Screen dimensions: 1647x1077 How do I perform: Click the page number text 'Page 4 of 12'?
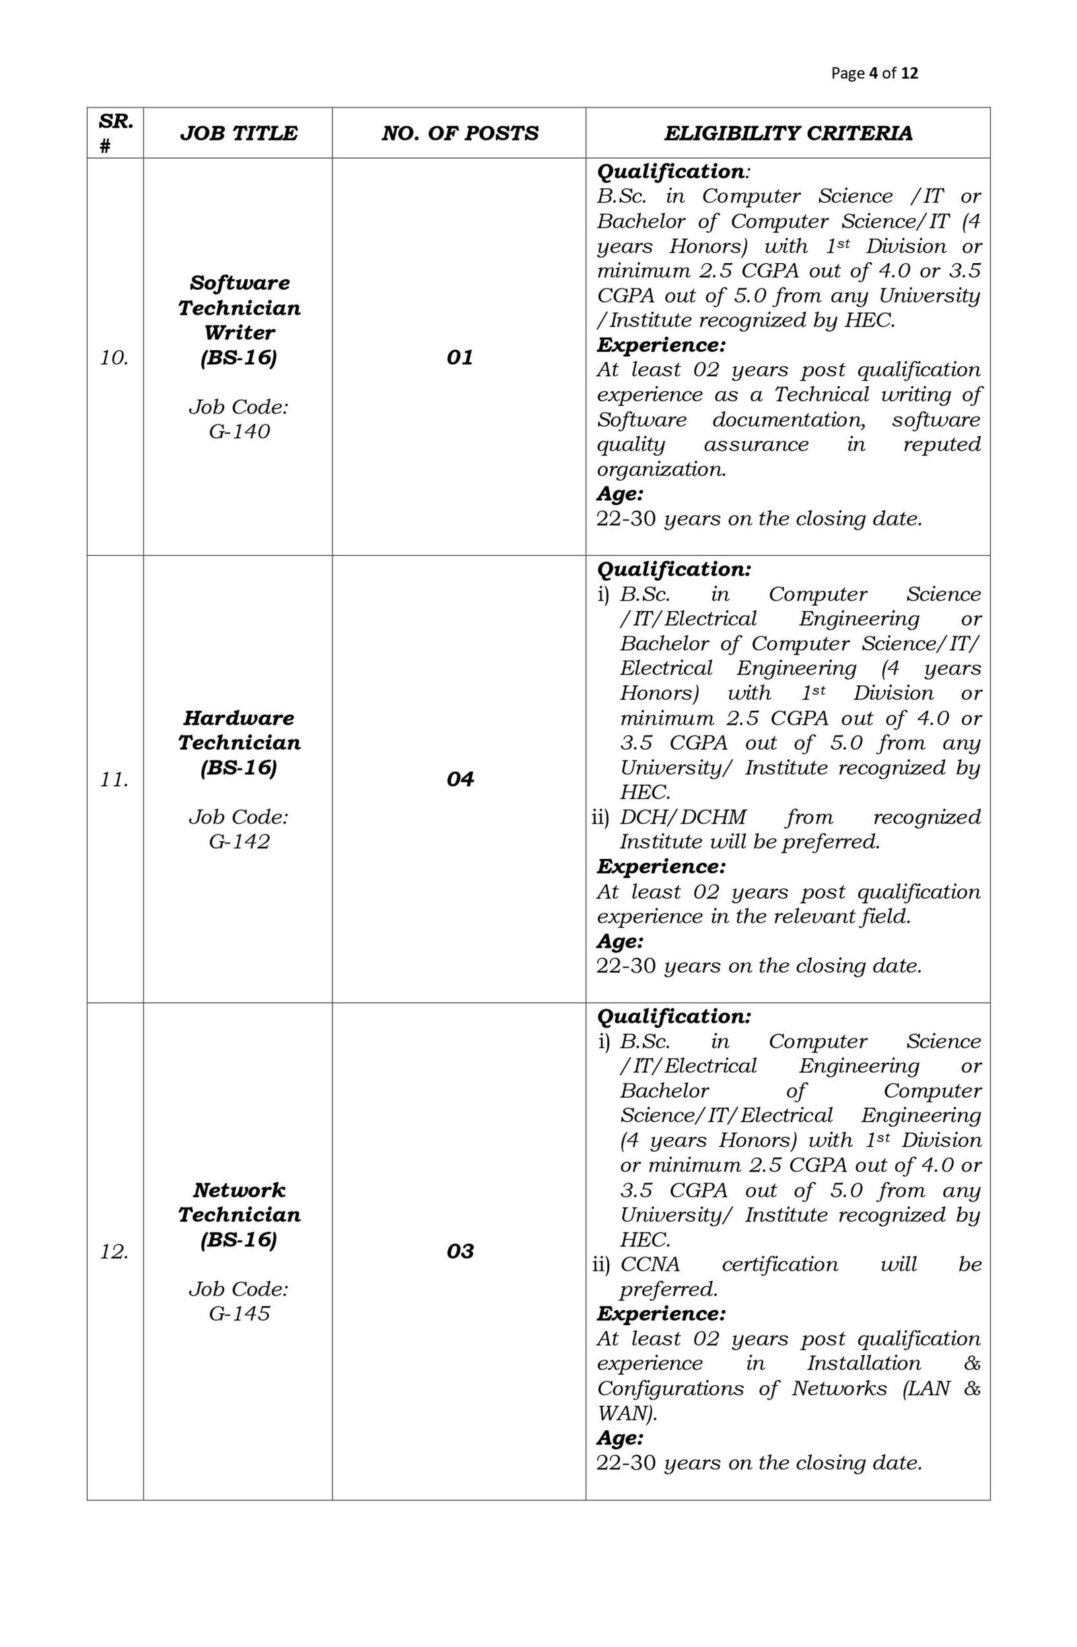coord(874,73)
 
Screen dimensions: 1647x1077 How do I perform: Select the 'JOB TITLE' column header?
coord(238,133)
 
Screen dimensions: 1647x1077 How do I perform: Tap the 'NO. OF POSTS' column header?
coord(459,133)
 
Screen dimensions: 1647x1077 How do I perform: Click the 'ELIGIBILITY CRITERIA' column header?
coord(788,133)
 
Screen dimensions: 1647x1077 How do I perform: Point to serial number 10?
coord(114,359)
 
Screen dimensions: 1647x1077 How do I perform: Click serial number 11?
coord(114,780)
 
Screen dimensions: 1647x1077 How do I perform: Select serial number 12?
coord(114,1251)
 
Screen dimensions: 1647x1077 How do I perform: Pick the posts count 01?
coord(459,357)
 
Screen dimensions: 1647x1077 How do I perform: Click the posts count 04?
coord(460,779)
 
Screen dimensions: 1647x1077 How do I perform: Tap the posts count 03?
coord(460,1251)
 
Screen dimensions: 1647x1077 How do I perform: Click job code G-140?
coord(239,432)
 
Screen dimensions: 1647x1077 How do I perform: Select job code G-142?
coord(239,841)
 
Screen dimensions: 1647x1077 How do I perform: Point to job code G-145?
coord(239,1312)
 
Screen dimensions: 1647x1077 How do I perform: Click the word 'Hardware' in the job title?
coord(239,717)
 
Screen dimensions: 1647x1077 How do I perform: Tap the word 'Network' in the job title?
coord(239,1189)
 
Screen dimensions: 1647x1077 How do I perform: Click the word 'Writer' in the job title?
coord(239,333)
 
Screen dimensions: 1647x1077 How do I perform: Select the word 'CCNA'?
coord(650,1264)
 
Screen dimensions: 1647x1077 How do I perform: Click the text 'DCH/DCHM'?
coord(683,817)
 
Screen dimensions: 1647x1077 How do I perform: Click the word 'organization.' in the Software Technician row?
coord(661,469)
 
